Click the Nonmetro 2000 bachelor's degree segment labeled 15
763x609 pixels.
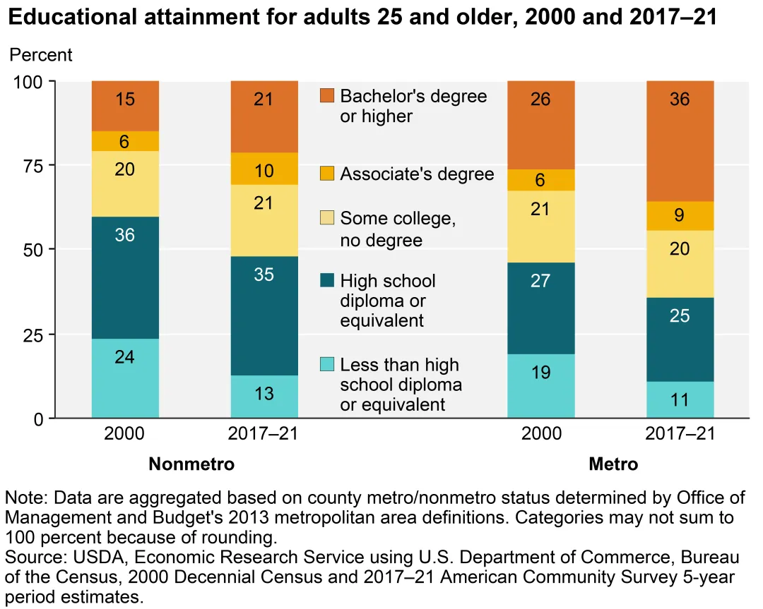pos(125,106)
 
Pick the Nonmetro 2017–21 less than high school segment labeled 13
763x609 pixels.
pos(264,397)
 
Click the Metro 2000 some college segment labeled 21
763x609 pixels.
pos(541,227)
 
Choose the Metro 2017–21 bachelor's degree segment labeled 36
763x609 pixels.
pos(680,141)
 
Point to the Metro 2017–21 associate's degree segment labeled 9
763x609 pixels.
pos(680,216)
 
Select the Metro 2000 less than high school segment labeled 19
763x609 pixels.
pos(541,386)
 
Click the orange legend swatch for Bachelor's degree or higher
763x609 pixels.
pos(326,95)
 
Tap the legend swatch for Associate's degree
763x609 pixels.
pos(326,174)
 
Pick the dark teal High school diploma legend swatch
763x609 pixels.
pos(326,281)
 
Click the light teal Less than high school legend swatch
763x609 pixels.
pos(326,365)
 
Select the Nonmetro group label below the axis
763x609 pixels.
pos(191,464)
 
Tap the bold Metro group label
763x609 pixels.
pos(613,464)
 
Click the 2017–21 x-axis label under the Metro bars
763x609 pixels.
pos(680,433)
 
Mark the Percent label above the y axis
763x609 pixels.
pos(41,54)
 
